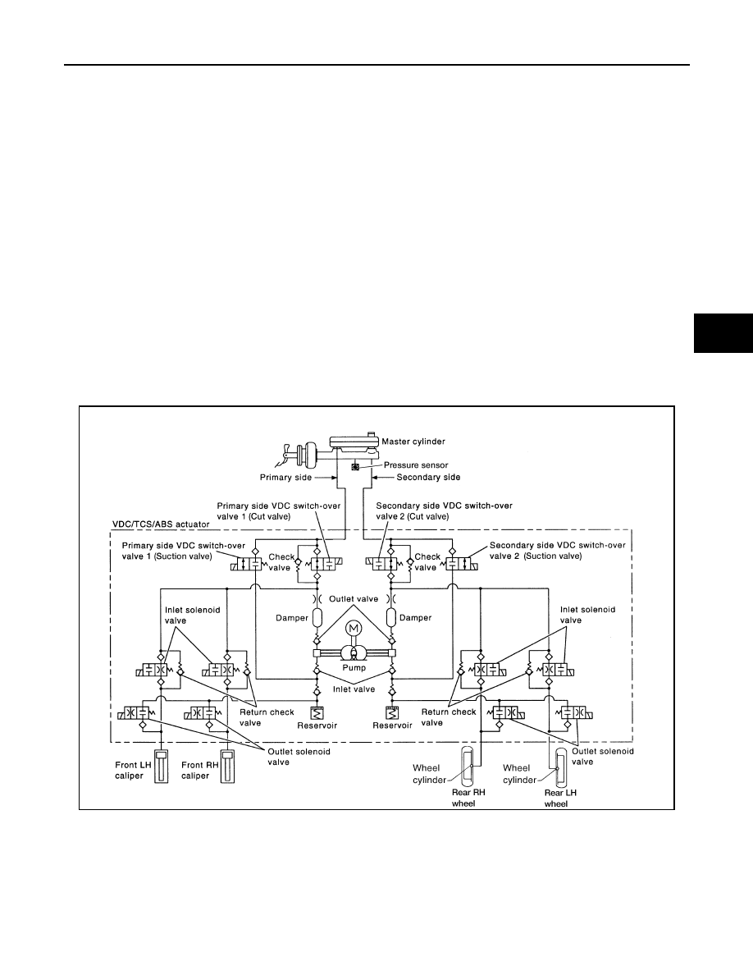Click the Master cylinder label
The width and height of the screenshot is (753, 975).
pyautogui.click(x=413, y=442)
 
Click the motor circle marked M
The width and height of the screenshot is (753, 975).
pyautogui.click(x=354, y=628)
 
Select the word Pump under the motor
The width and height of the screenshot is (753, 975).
pyautogui.click(x=354, y=668)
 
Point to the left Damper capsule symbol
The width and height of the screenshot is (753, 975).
pyautogui.click(x=317, y=617)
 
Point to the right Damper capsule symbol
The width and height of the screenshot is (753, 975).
pyautogui.click(x=391, y=617)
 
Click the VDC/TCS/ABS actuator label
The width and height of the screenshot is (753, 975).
pyautogui.click(x=160, y=524)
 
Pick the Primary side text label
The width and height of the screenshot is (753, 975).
pyautogui.click(x=285, y=478)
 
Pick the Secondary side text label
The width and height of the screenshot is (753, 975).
pyautogui.click(x=429, y=478)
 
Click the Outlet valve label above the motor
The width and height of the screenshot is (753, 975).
pyautogui.click(x=354, y=599)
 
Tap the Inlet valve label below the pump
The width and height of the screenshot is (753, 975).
pyautogui.click(x=354, y=689)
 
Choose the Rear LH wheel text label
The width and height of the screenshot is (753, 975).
pyautogui.click(x=560, y=799)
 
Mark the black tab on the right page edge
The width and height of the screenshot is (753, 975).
pyautogui.click(x=723, y=333)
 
